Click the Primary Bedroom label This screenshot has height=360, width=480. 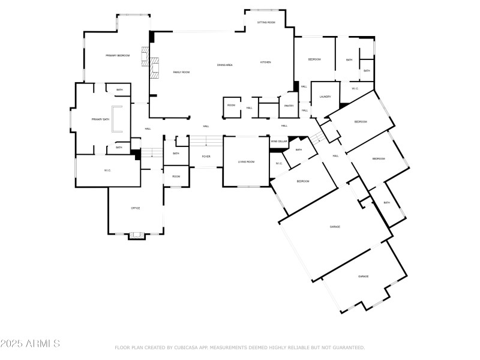(118, 55)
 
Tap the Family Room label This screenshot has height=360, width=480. (181, 72)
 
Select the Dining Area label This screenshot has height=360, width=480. (225, 65)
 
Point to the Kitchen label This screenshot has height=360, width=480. (266, 62)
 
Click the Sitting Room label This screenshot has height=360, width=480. (266, 22)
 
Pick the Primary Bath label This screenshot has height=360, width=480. (100, 119)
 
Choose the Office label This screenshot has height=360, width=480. (136, 208)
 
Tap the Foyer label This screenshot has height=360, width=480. (206, 157)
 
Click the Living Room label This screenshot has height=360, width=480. (247, 161)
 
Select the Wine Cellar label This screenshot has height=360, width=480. (278, 141)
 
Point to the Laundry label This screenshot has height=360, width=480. (325, 97)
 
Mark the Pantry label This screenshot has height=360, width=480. (289, 106)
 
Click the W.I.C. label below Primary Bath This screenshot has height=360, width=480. (107, 170)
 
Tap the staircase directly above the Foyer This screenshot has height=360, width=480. (206, 142)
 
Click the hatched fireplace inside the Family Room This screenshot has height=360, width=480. (155, 68)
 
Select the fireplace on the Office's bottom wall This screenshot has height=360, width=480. (137, 235)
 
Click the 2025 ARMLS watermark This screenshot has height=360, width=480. (30, 344)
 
